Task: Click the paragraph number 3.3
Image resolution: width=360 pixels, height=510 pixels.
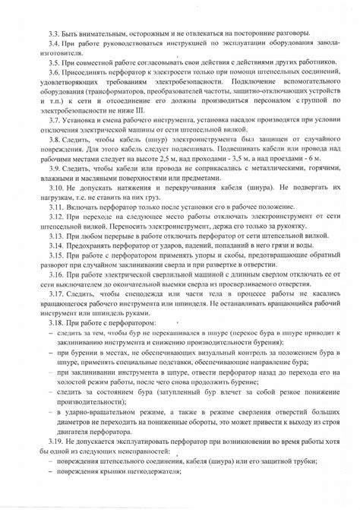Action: (x=52, y=34)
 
